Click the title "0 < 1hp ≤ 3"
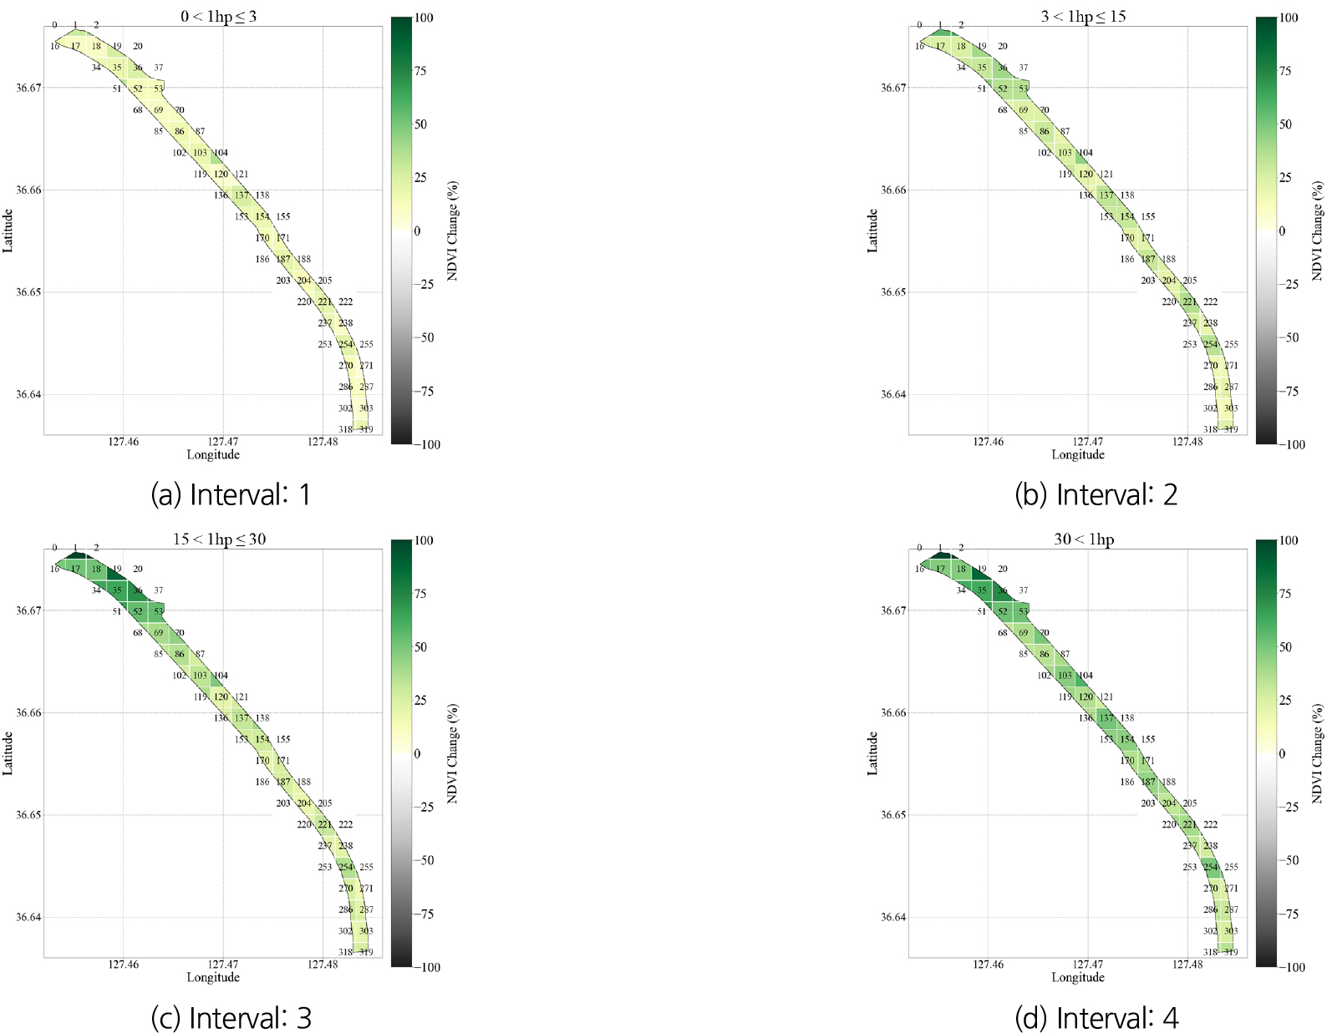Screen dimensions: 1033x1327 218,17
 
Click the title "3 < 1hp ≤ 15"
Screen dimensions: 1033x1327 1083,17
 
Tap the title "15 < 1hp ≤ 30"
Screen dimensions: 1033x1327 219,539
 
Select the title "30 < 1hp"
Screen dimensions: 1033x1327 1084,539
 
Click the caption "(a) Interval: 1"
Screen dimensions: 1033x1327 231,495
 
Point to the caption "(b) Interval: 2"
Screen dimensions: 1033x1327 1096,495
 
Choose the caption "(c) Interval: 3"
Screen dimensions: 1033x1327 231,1018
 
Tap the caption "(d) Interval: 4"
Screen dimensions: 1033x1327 1096,1018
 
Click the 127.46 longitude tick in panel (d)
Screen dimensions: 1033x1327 988,965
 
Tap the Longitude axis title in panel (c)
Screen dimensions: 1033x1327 213,977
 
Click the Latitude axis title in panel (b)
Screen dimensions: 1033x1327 872,230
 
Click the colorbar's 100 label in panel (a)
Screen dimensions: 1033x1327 424,18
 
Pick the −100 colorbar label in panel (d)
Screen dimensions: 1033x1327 1291,967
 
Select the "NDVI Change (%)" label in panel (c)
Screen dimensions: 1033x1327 452,753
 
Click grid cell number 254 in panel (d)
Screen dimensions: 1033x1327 1210,868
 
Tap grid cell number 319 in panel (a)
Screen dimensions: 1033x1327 366,429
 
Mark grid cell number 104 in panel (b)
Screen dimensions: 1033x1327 1085,153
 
